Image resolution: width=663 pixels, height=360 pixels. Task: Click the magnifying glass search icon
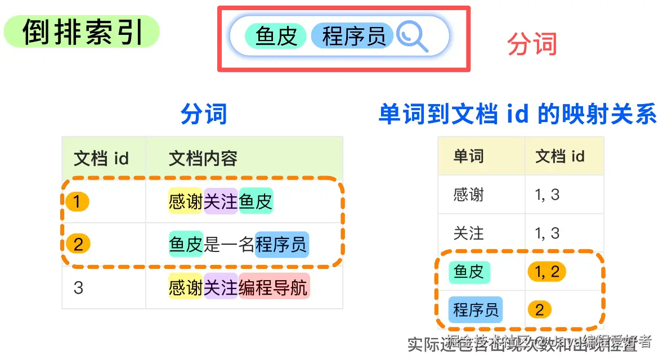(412, 37)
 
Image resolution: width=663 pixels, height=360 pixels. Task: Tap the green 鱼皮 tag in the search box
(276, 36)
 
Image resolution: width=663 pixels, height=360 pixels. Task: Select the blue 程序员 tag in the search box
(353, 36)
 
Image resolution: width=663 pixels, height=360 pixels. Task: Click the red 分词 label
(532, 44)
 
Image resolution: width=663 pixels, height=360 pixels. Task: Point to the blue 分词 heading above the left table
(203, 114)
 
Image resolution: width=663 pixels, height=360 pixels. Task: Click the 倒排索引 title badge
(82, 31)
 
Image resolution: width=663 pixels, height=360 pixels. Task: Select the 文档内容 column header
(203, 159)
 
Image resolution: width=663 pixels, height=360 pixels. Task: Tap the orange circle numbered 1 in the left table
(78, 201)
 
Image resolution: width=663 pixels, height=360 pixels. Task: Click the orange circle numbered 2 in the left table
(78, 244)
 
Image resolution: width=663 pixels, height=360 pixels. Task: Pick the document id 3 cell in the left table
(78, 288)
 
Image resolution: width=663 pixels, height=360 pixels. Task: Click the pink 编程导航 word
(274, 288)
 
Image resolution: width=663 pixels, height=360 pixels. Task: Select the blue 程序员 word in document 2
(281, 244)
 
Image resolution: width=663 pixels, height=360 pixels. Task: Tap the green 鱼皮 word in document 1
(256, 201)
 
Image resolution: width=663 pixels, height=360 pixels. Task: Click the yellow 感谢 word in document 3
(185, 288)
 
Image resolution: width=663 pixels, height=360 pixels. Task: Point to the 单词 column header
(468, 156)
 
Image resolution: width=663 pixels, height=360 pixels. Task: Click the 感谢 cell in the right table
(468, 195)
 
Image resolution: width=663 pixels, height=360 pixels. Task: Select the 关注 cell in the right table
(468, 233)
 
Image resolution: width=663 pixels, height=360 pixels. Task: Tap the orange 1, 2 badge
(546, 272)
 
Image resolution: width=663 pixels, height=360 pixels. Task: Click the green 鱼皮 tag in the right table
(469, 272)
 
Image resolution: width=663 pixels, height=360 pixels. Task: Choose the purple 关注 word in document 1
(221, 201)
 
